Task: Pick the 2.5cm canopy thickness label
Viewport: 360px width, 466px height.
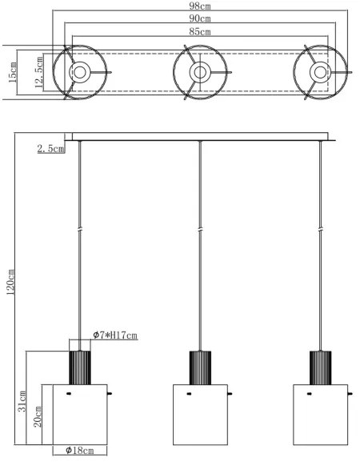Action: click(x=51, y=149)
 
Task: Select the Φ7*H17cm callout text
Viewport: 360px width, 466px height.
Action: click(x=114, y=334)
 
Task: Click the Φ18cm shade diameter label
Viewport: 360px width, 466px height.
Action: click(x=79, y=451)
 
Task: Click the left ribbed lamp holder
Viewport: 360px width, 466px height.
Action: click(x=79, y=368)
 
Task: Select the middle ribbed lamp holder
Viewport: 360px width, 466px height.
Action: click(x=199, y=368)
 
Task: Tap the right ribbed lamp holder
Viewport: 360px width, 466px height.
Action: click(x=320, y=368)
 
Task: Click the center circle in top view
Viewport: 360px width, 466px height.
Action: click(x=199, y=73)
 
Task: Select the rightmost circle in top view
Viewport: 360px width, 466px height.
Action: click(x=319, y=73)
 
